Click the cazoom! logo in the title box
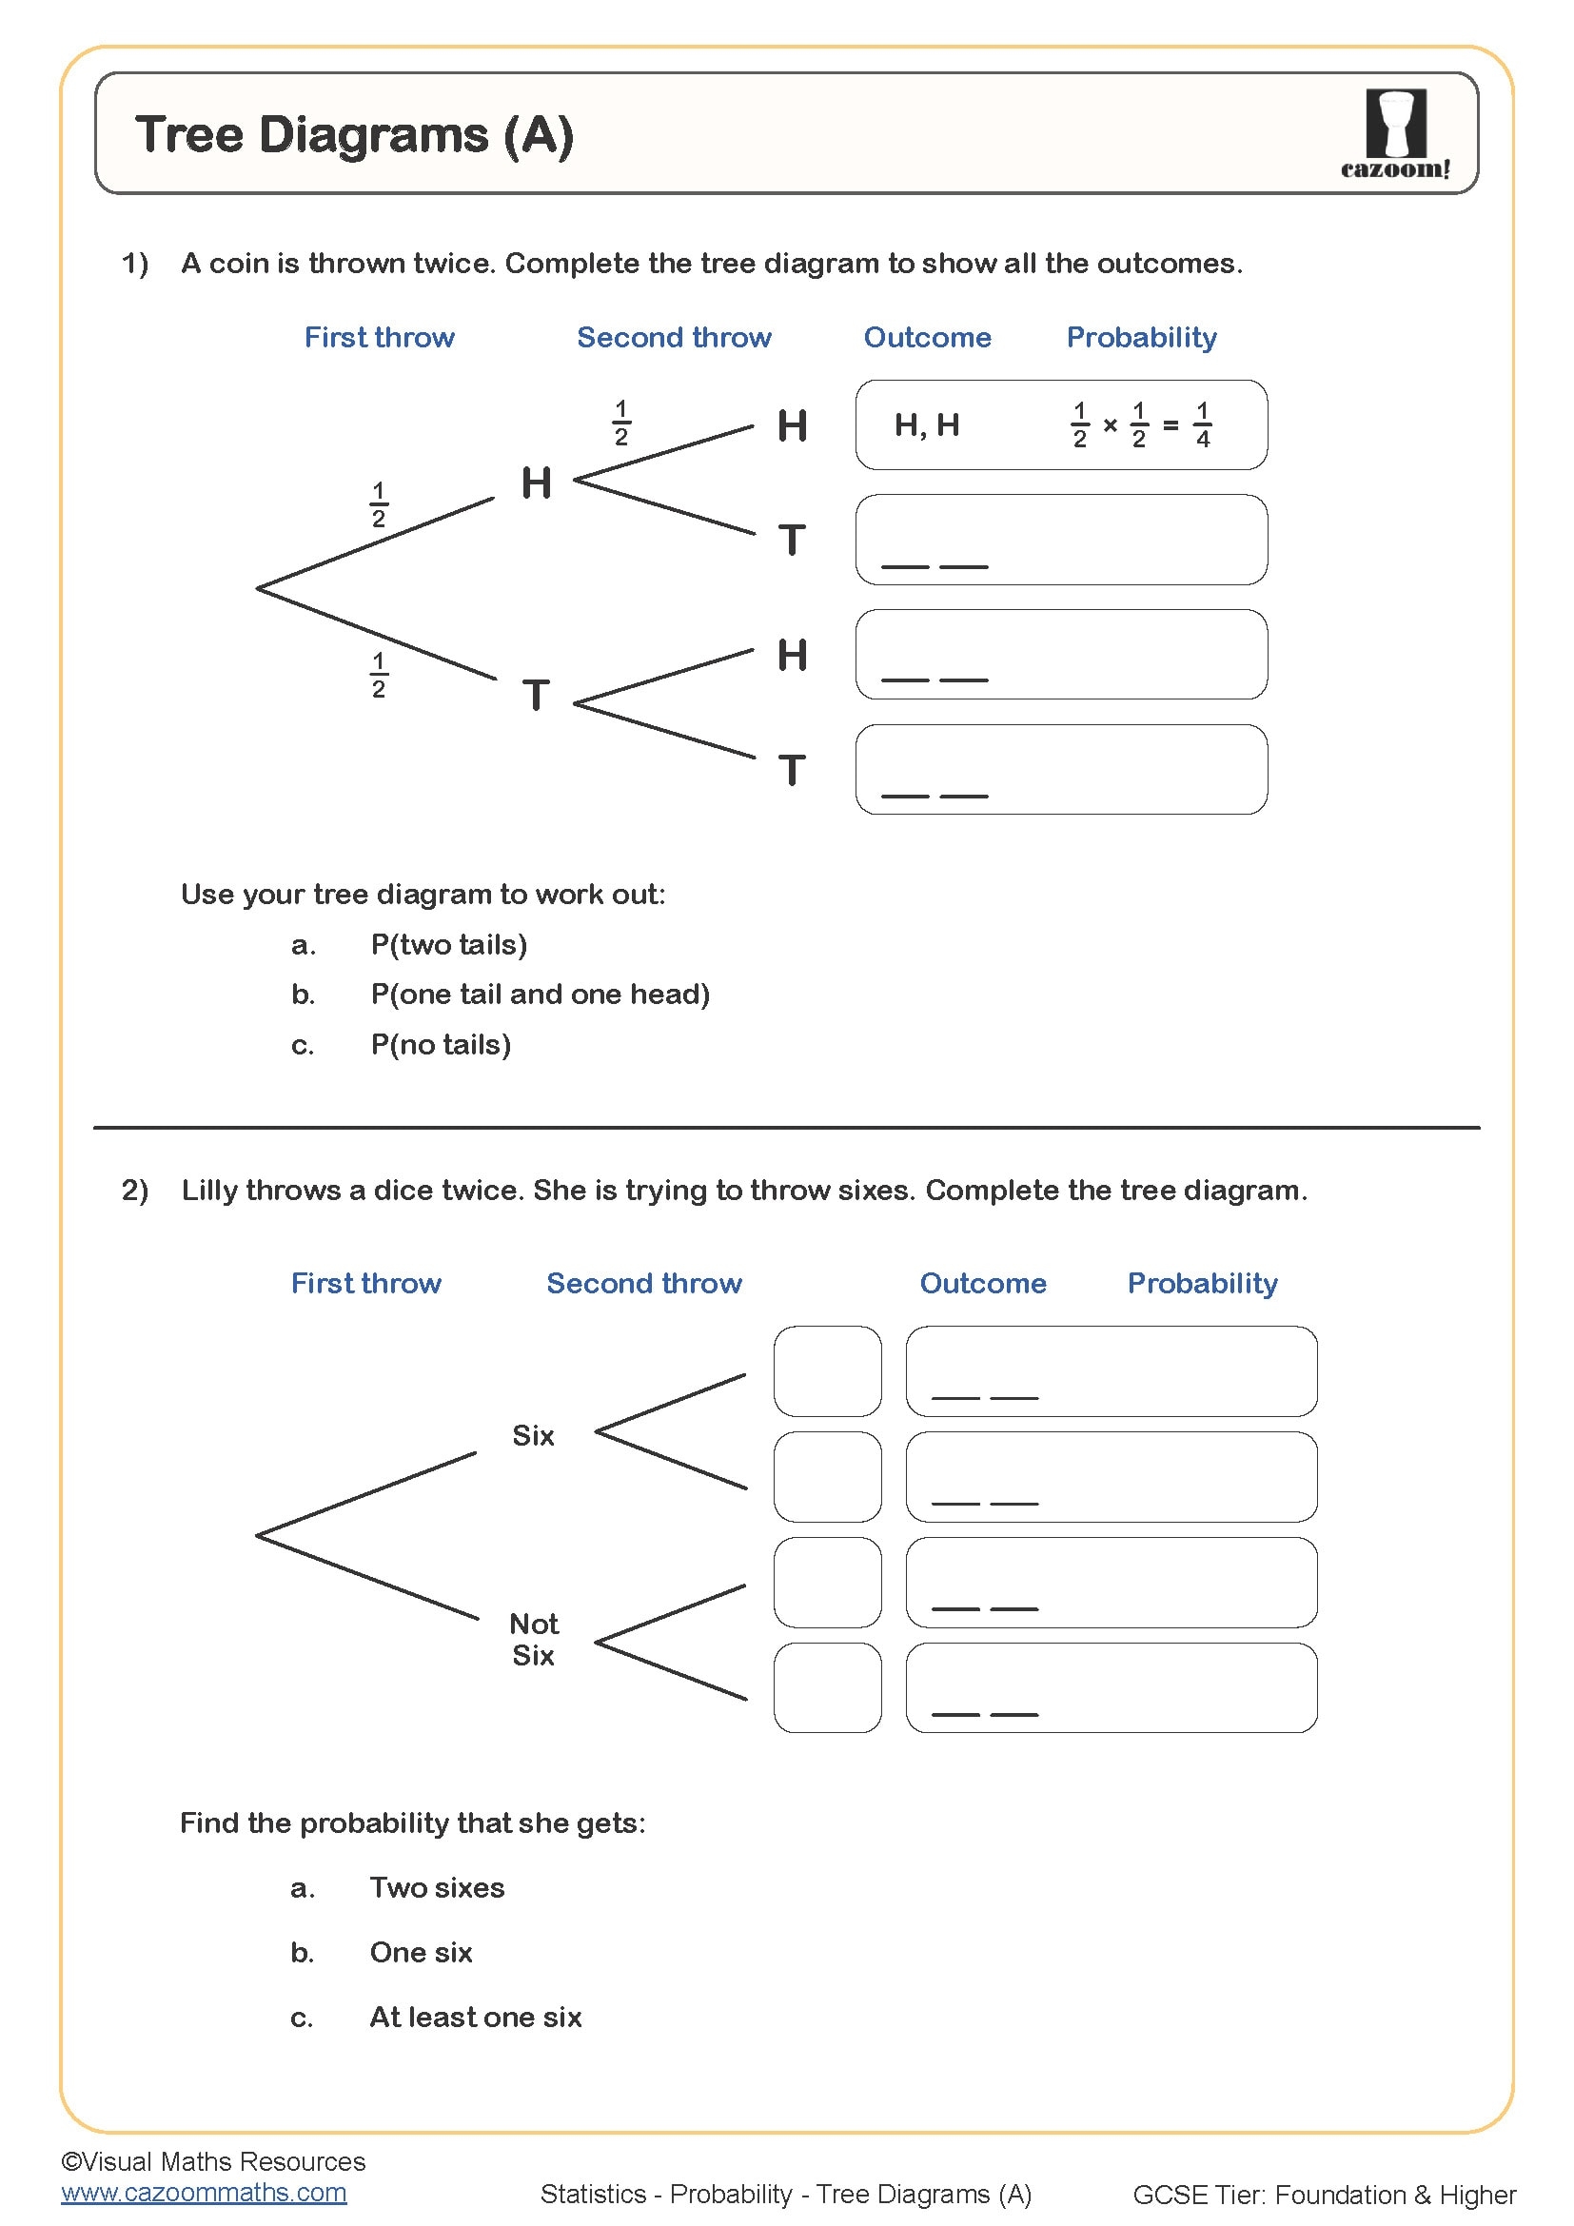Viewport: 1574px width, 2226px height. tap(1395, 134)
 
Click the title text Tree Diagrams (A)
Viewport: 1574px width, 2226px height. tap(355, 134)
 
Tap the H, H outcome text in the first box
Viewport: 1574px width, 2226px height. tap(927, 424)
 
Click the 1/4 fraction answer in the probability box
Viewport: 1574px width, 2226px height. tap(1203, 424)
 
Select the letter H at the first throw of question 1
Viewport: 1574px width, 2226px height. tap(536, 482)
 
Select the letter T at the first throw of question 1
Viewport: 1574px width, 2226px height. tap(536, 694)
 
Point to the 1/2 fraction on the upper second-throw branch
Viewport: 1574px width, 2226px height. tap(621, 423)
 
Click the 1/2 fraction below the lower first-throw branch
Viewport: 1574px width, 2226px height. tap(379, 675)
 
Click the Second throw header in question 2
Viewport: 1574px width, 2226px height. tap(643, 1283)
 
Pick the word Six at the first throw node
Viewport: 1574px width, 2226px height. tap(533, 1435)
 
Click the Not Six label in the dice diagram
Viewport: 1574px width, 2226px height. tap(533, 1639)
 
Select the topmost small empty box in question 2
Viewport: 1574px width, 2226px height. tap(827, 1370)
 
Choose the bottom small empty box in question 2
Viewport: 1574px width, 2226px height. tap(827, 1687)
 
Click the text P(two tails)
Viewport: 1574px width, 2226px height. tap(449, 944)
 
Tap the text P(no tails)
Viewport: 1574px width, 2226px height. tap(441, 1044)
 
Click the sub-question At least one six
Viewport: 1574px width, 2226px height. tap(475, 2017)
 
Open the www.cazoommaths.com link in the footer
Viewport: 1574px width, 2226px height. tap(204, 2192)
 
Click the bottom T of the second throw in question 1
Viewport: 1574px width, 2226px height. tap(792, 770)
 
